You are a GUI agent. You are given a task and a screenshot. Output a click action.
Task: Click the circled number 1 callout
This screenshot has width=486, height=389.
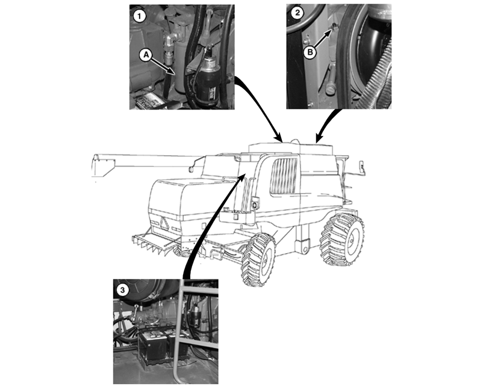139,16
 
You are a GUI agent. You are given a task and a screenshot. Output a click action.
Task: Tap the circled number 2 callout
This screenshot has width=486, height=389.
298,13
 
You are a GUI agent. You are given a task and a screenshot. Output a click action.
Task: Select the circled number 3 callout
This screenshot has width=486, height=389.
122,290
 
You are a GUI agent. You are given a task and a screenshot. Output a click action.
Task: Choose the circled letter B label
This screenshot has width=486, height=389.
310,52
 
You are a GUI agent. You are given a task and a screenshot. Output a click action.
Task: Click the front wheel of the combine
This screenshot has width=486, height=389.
258,259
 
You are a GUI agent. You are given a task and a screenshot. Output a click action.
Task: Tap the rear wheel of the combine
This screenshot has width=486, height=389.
343,239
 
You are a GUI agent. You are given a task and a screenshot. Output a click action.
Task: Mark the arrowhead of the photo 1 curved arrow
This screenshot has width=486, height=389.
278,138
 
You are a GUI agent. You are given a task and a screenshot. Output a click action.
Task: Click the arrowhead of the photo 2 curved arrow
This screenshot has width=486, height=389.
319,139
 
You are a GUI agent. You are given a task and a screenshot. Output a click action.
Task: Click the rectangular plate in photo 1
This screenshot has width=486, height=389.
146,101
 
